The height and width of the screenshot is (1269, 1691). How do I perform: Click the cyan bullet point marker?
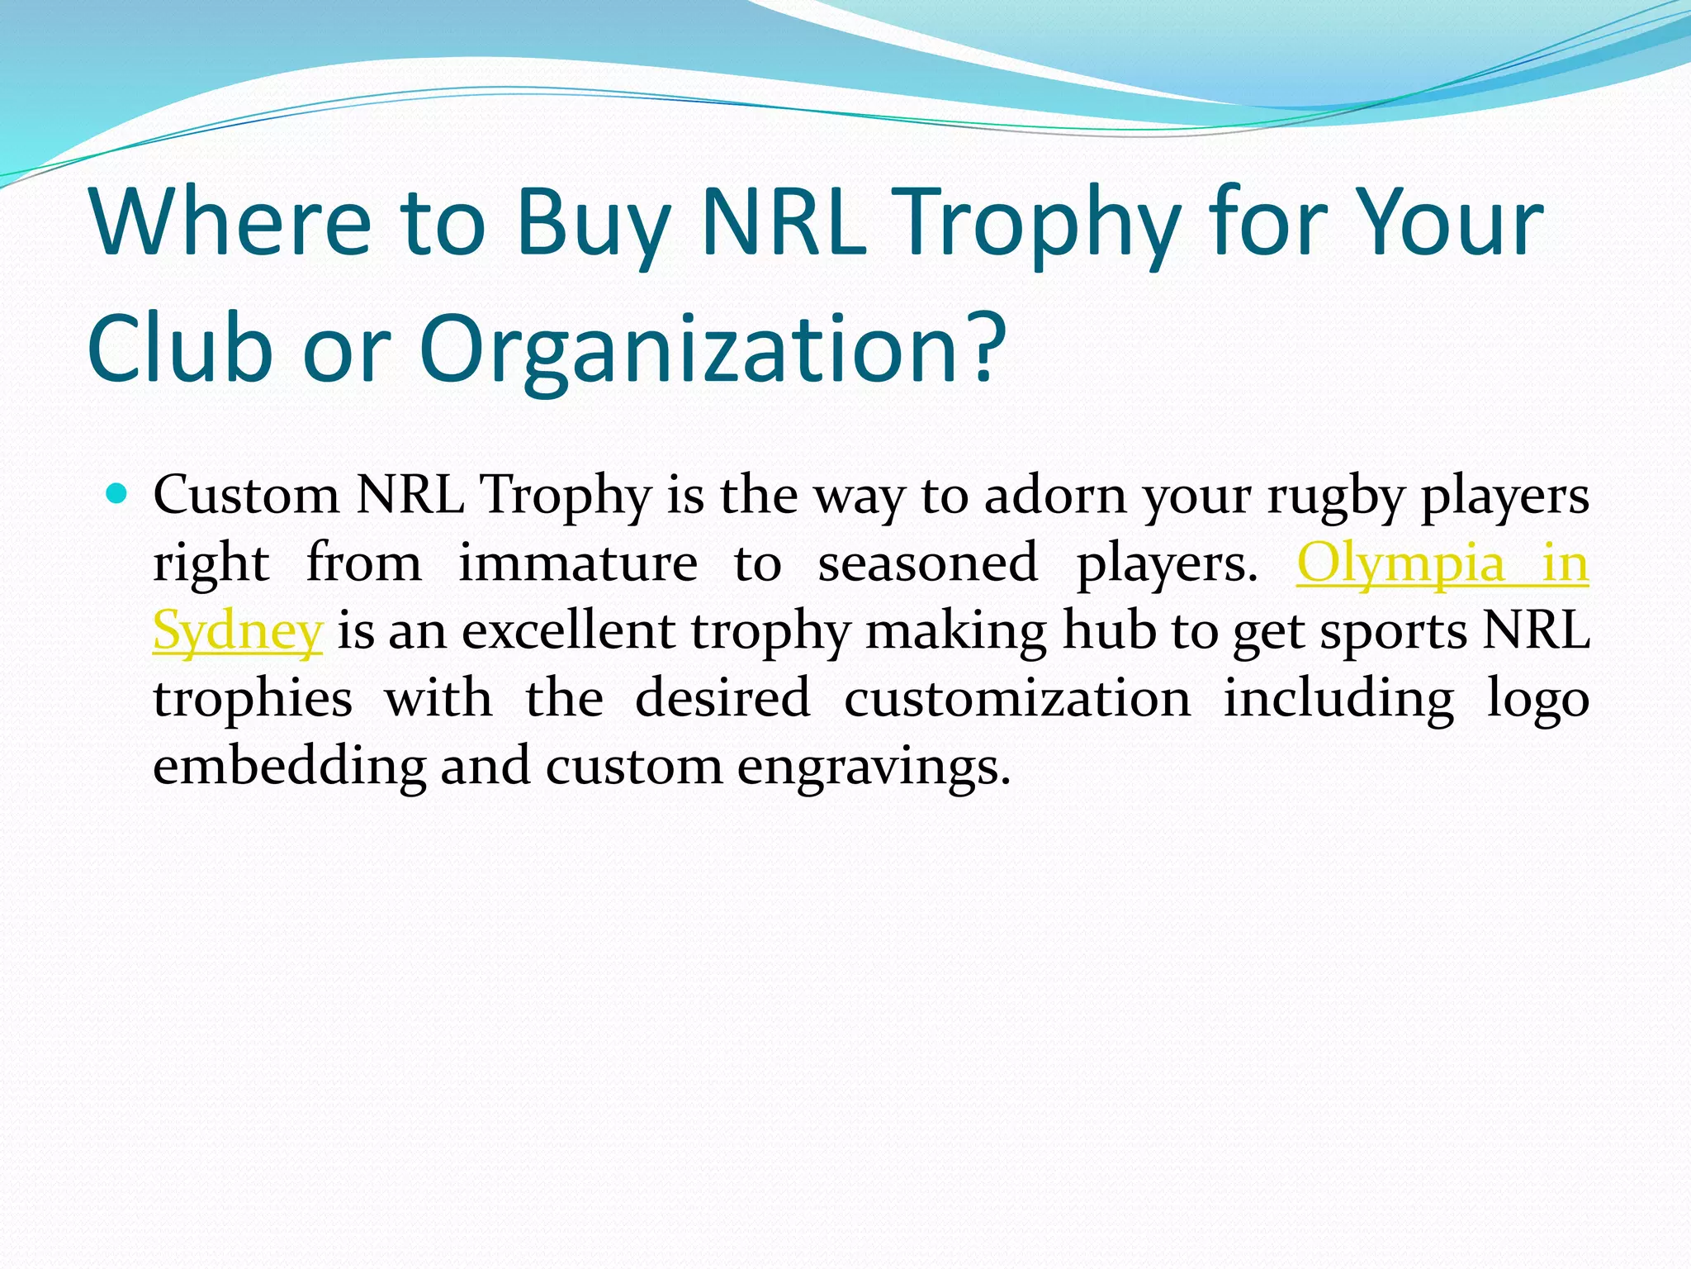[x=117, y=494]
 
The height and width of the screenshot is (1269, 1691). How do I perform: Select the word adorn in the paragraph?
[x=1055, y=496]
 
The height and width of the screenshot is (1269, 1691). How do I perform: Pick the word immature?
[x=577, y=563]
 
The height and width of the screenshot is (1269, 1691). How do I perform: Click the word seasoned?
[x=927, y=563]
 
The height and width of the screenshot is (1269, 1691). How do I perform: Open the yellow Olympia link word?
[x=1400, y=563]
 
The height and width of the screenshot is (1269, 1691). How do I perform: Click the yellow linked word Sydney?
[x=237, y=632]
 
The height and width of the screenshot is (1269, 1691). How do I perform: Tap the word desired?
[x=722, y=698]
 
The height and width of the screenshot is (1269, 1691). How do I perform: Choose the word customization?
[x=1017, y=698]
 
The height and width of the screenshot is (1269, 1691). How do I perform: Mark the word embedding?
[x=289, y=767]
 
